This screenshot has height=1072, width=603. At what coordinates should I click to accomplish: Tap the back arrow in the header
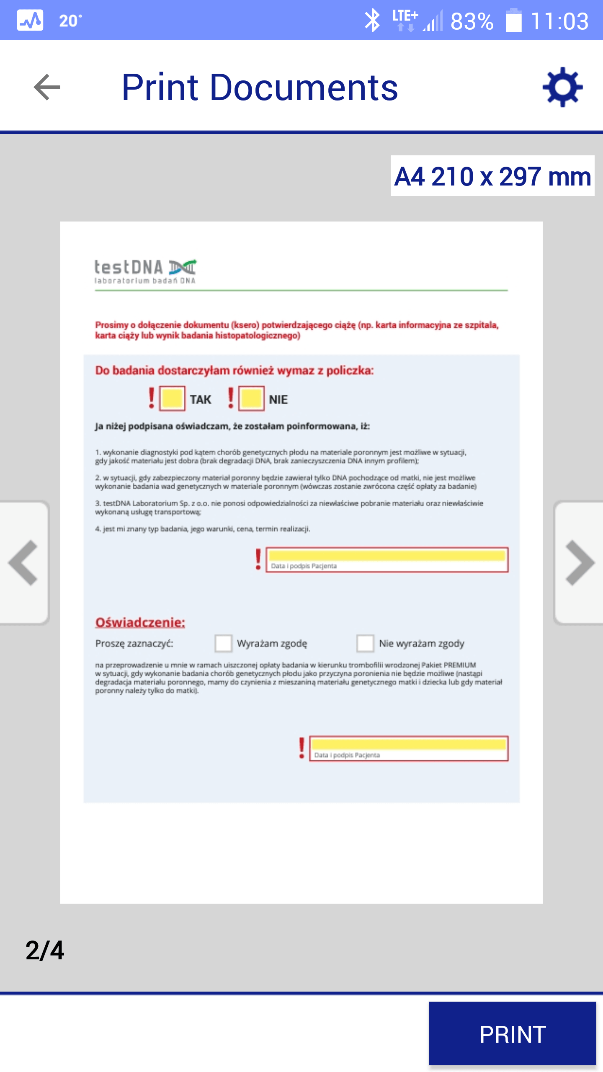click(47, 87)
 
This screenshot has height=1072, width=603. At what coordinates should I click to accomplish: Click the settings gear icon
click(562, 87)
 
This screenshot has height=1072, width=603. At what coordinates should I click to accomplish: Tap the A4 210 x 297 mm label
click(492, 176)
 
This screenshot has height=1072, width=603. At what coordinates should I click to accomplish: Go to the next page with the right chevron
click(580, 562)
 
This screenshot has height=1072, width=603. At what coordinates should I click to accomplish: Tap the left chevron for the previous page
click(23, 562)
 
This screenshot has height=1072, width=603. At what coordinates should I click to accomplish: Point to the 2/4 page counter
click(45, 951)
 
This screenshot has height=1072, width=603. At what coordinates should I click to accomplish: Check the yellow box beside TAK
click(172, 398)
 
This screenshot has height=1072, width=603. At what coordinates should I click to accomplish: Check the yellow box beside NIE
click(251, 398)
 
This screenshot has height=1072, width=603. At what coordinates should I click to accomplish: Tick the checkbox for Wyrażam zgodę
click(223, 643)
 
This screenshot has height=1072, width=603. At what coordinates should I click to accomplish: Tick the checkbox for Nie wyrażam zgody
click(365, 643)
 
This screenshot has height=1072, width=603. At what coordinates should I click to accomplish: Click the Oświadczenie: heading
click(140, 623)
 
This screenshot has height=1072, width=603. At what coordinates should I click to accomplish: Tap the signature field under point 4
click(387, 559)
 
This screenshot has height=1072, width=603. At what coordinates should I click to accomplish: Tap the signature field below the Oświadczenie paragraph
click(409, 748)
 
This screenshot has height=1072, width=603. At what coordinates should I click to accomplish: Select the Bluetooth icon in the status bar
click(372, 21)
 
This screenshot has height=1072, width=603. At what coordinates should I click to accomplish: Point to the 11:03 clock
click(559, 21)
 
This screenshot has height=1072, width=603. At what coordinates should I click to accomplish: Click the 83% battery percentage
click(472, 21)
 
